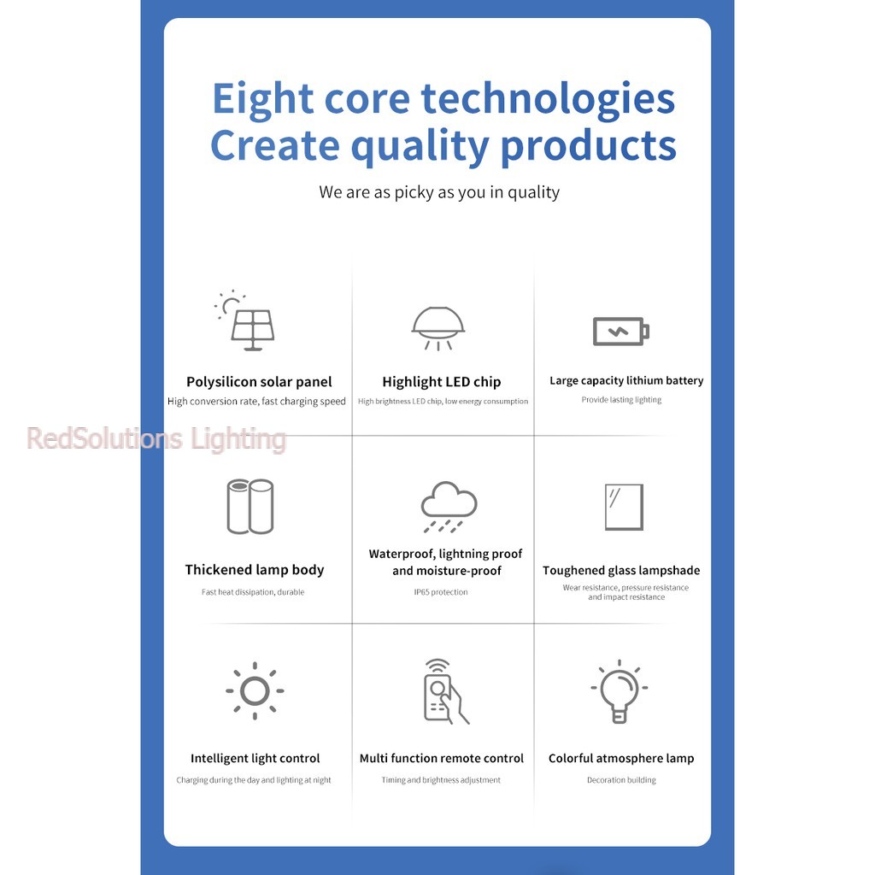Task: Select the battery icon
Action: (x=620, y=332)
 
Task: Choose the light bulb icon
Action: (x=620, y=691)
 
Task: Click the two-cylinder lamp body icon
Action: (x=250, y=506)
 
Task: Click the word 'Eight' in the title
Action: (x=263, y=100)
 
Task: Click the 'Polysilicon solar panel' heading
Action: (x=259, y=382)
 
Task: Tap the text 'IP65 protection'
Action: (x=441, y=592)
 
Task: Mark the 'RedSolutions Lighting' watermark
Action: (x=156, y=438)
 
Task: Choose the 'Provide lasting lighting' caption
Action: (x=621, y=400)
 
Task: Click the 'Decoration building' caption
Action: (x=621, y=780)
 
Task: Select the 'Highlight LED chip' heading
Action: (x=442, y=382)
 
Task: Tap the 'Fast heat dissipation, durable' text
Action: (x=253, y=592)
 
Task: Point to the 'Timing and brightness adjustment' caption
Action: (x=441, y=780)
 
